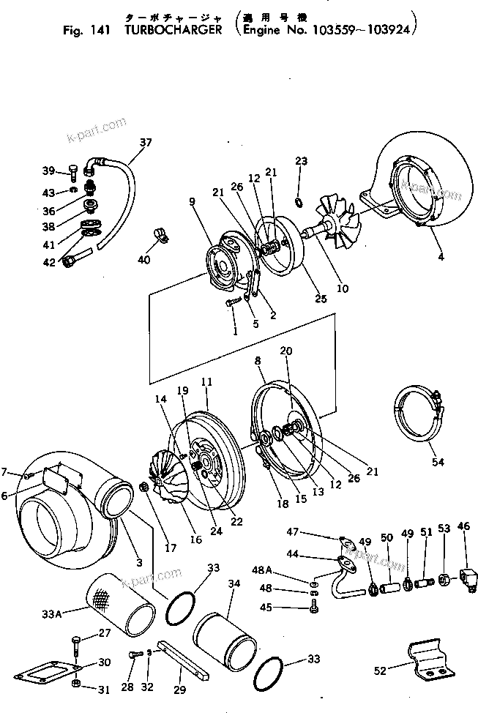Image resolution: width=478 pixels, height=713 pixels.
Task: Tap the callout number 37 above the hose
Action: pos(146,143)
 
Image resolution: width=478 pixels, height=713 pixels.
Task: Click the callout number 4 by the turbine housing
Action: pos(440,256)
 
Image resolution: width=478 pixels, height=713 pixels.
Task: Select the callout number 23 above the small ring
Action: pos(301,161)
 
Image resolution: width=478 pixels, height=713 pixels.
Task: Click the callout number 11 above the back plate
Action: pos(206,382)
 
